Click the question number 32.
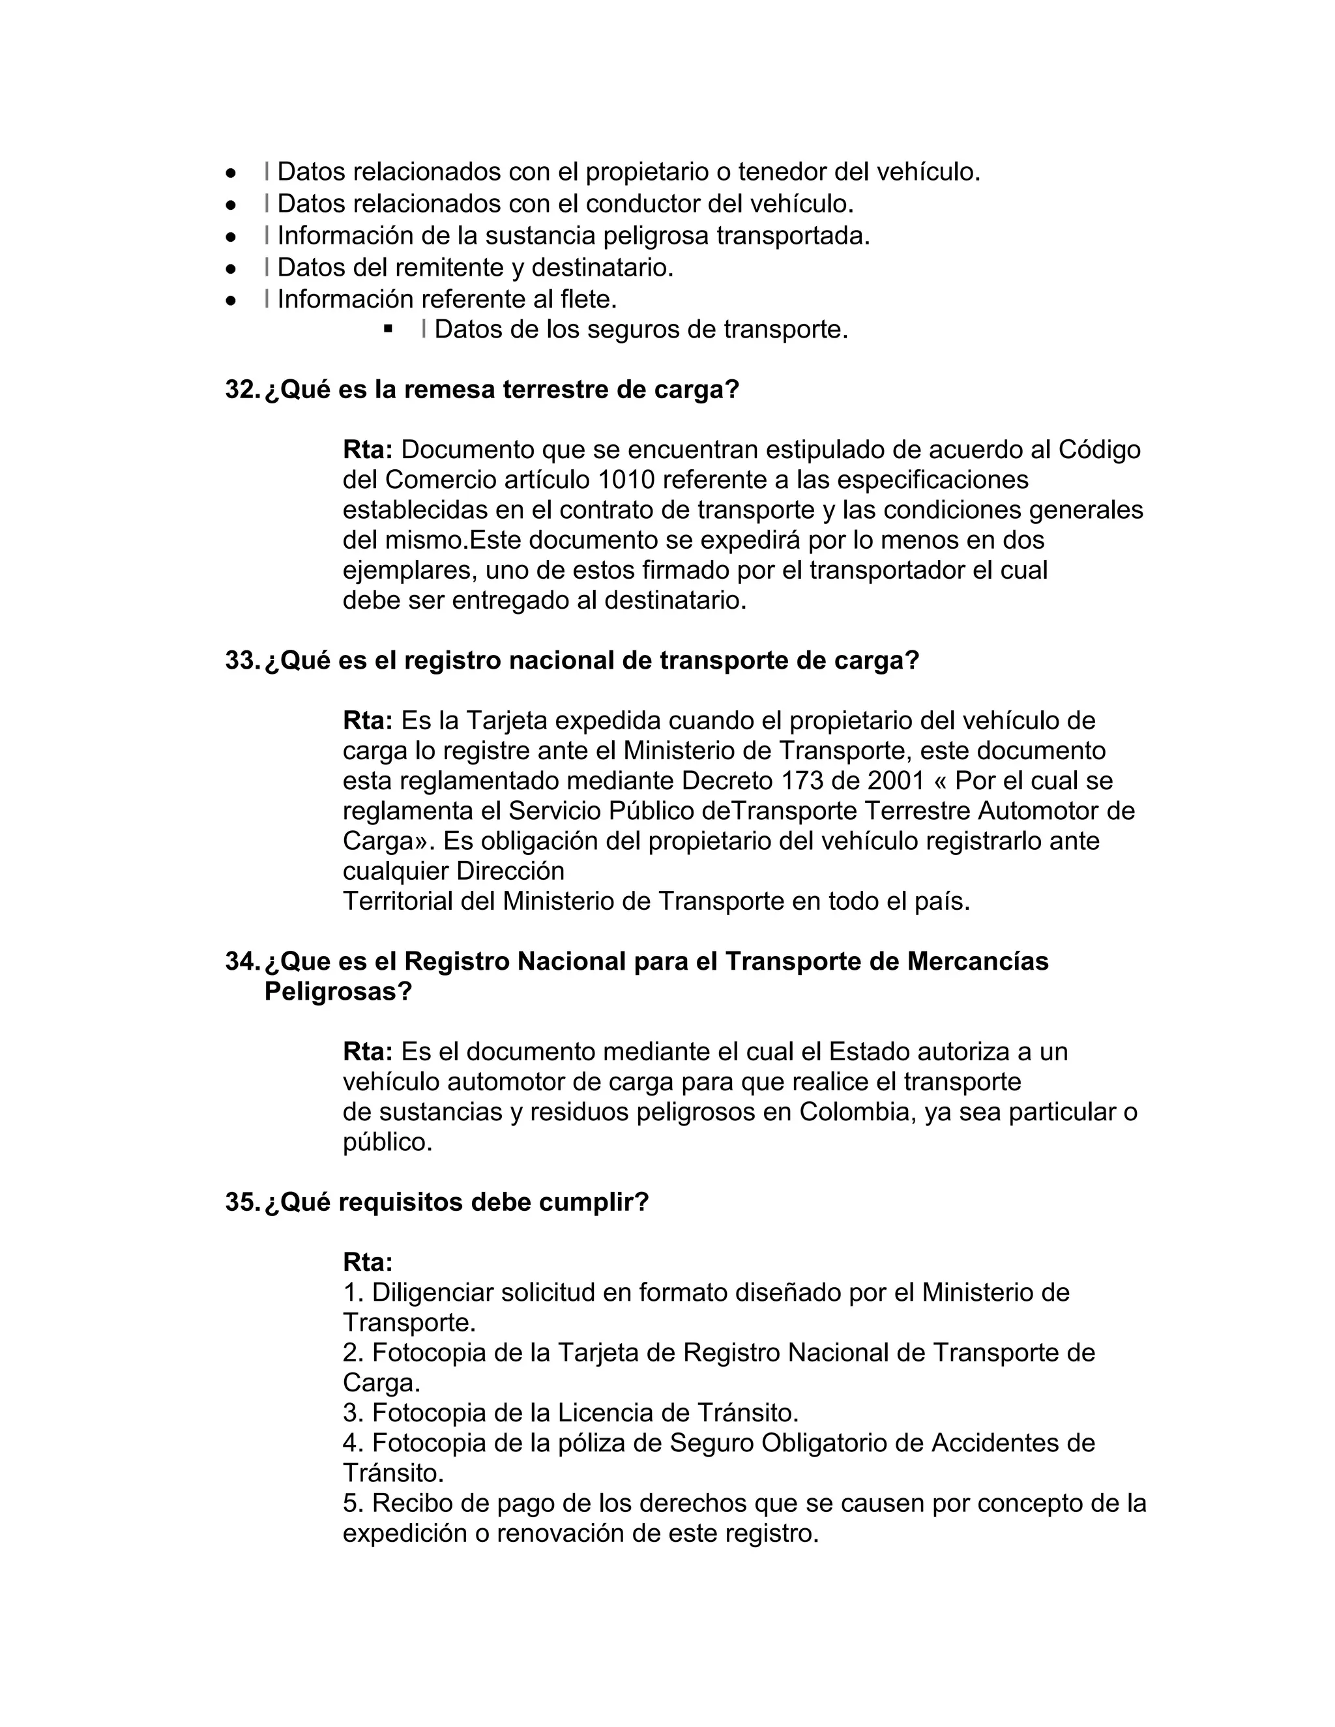[x=242, y=390]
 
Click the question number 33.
[x=242, y=660]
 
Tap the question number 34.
[x=242, y=961]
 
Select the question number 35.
[x=242, y=1202]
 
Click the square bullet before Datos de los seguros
[x=388, y=328]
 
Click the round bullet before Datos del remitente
[x=231, y=268]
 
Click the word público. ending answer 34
[x=388, y=1142]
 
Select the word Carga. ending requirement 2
[x=381, y=1383]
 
